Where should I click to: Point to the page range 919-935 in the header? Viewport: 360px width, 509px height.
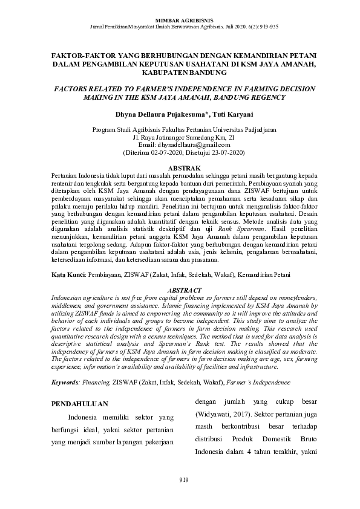point(266,28)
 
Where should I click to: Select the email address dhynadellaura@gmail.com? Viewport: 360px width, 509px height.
point(194,146)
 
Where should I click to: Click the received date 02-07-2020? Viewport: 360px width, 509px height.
point(163,154)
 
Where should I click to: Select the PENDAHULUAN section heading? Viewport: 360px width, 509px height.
point(80,403)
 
